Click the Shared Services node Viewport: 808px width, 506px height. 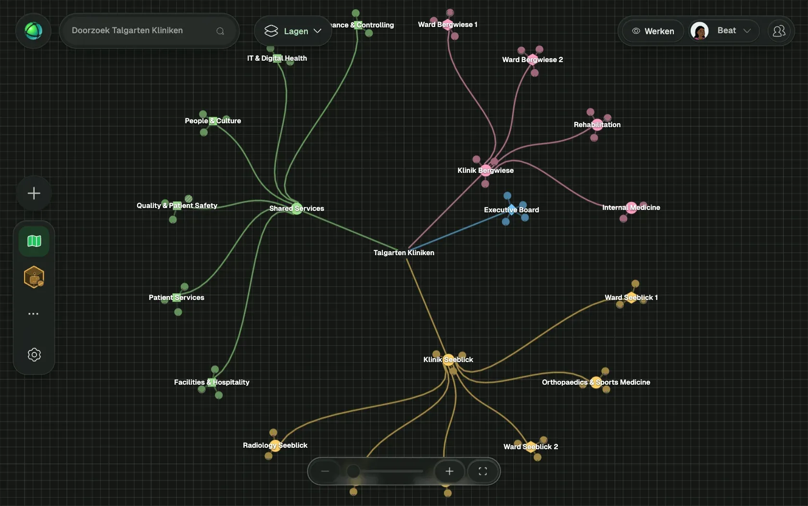pos(297,208)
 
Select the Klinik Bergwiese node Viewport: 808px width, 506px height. pos(486,170)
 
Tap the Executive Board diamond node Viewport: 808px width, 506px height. pos(512,209)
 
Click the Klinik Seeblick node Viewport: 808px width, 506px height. pos(448,359)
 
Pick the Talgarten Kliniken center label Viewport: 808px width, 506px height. pos(404,253)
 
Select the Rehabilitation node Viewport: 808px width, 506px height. pos(597,125)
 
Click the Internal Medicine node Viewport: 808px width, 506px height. pos(631,208)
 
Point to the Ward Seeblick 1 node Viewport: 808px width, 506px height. pos(631,297)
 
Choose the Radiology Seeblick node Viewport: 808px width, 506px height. pos(275,445)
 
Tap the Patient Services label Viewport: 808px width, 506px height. pos(177,298)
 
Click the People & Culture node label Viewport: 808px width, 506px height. pos(213,121)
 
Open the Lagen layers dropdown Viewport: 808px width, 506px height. pos(292,31)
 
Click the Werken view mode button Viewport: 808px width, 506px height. pos(653,31)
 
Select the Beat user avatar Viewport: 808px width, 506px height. pos(699,31)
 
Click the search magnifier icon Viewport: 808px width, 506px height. pos(220,31)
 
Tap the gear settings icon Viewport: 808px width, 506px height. pos(34,355)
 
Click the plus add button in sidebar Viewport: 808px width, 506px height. pos(34,193)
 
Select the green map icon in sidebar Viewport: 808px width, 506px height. pos(34,241)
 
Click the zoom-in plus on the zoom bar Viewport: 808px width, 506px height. pos(449,471)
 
